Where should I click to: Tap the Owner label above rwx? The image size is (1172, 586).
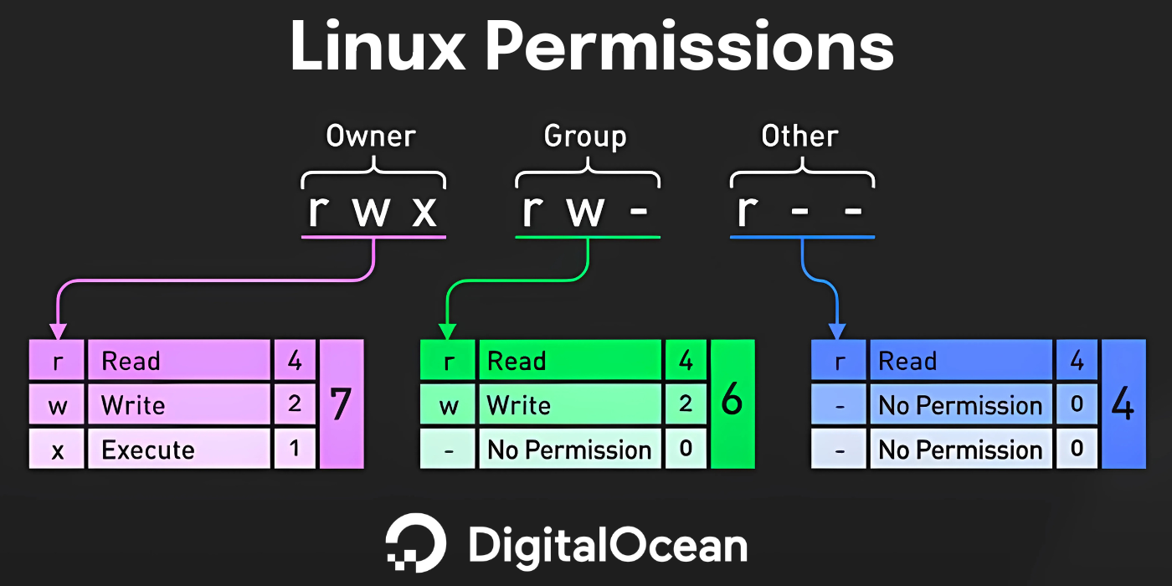coord(371,136)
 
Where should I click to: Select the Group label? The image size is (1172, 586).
coord(585,136)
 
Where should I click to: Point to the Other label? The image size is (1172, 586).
coord(799,136)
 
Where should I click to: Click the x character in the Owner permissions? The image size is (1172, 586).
coord(424,211)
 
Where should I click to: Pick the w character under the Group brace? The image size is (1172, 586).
coord(586,211)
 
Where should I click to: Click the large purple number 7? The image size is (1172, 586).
coord(340,404)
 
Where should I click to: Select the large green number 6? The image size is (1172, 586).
coord(732,403)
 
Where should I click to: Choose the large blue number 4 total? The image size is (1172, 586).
coord(1123,404)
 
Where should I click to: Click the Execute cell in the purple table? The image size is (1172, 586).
coord(179,450)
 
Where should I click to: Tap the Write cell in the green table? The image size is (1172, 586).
coord(569,406)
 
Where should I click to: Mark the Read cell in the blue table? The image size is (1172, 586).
coord(961,362)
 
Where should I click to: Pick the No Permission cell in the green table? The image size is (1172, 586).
coord(569,450)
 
